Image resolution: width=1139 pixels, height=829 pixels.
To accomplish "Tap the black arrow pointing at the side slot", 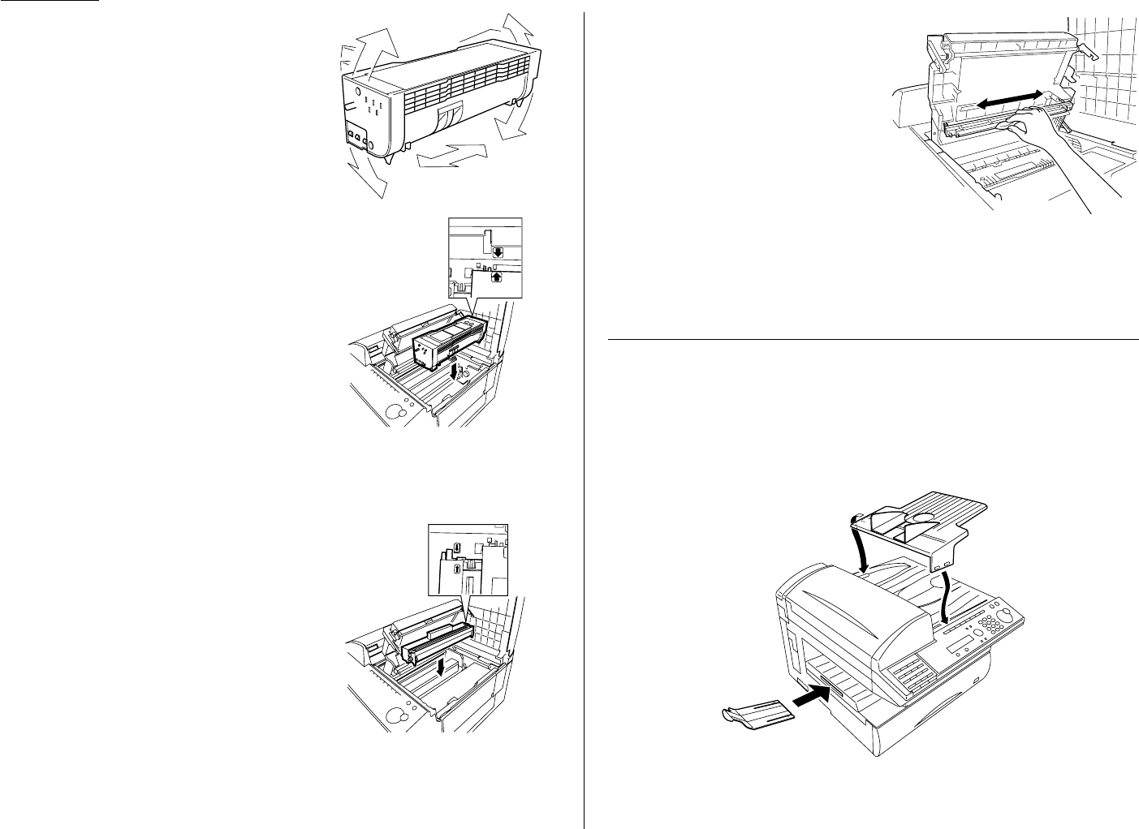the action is coord(809,697).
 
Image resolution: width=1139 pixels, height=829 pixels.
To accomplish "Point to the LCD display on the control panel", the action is coord(960,646).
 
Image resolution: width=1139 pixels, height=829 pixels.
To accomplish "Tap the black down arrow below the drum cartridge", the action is coord(440,665).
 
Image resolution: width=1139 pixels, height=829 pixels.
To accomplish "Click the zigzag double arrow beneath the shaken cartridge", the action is coord(450,155).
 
